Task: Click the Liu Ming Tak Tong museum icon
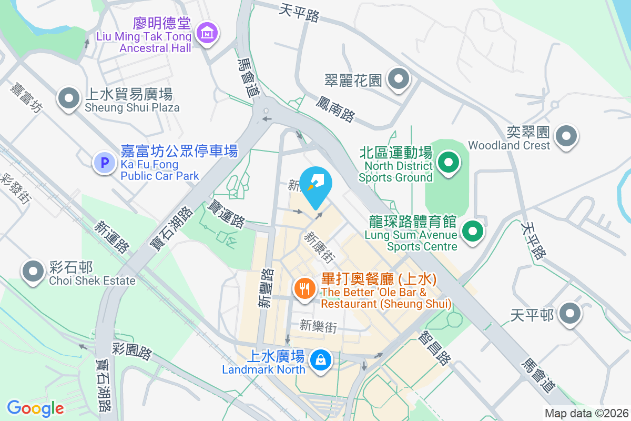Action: pyautogui.click(x=207, y=33)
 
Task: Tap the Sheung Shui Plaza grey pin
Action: pyautogui.click(x=68, y=98)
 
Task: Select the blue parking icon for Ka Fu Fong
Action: pyautogui.click(x=104, y=163)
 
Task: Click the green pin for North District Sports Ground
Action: pyautogui.click(x=449, y=162)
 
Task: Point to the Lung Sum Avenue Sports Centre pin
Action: pyautogui.click(x=472, y=230)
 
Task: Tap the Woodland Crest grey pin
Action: pyautogui.click(x=566, y=136)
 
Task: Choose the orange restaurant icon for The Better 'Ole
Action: pyautogui.click(x=304, y=288)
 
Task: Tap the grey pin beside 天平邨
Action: pyautogui.click(x=569, y=315)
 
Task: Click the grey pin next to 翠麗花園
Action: pyautogui.click(x=398, y=79)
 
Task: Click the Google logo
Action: pyautogui.click(x=35, y=408)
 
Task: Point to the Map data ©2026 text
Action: pyautogui.click(x=586, y=414)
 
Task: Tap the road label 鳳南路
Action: pyautogui.click(x=335, y=108)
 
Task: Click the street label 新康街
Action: pyautogui.click(x=319, y=246)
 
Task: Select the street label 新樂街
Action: pyautogui.click(x=318, y=326)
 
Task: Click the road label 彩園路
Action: pyautogui.click(x=132, y=350)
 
